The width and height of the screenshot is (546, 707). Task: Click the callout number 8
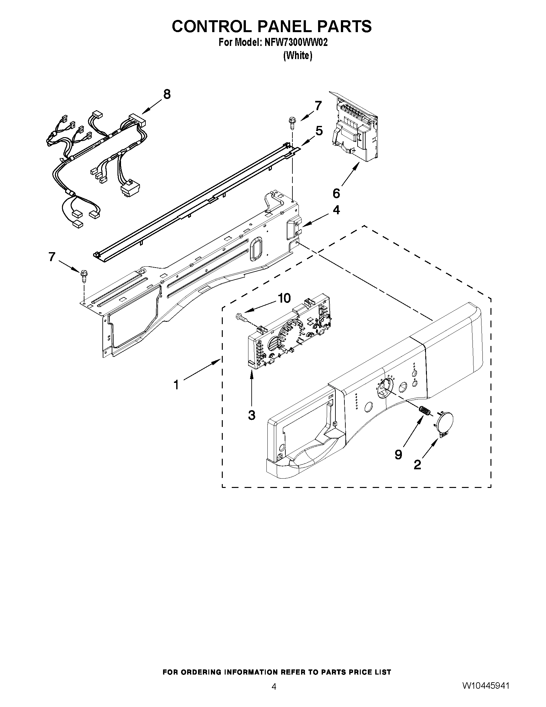point(167,94)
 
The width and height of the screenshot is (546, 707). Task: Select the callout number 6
point(336,193)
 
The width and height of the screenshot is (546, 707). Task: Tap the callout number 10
point(284,298)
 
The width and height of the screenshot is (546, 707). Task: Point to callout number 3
point(252,415)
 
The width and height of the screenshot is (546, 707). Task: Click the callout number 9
point(398,455)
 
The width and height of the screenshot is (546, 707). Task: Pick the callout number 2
point(417,465)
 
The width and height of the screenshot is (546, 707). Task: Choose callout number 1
point(176,385)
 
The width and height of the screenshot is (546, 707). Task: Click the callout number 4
point(336,210)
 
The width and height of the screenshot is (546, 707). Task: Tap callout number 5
point(319,131)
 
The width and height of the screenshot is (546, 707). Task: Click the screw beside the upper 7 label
point(291,123)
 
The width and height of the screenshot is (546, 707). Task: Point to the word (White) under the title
point(298,56)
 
